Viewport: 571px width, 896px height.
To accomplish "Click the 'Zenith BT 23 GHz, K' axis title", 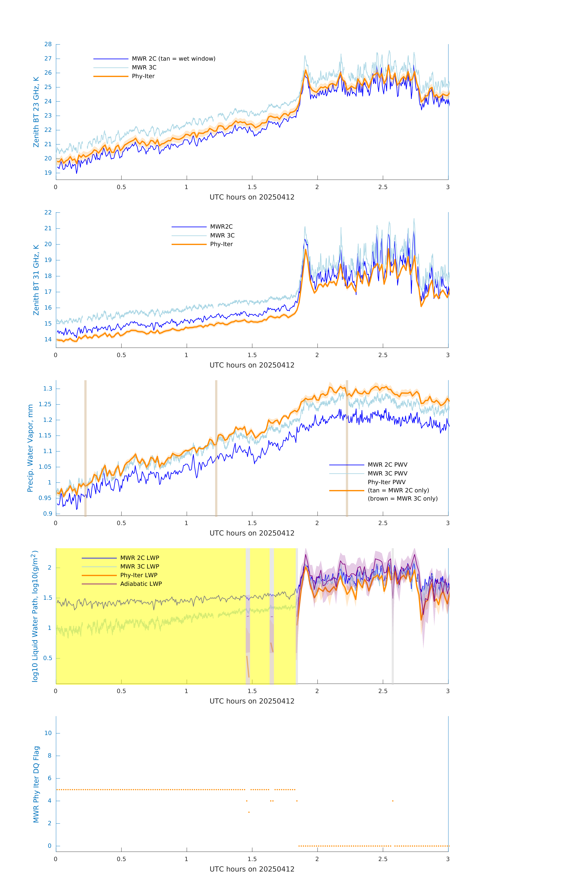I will [36, 112].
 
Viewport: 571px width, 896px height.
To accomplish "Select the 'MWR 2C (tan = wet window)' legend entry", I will [173, 59].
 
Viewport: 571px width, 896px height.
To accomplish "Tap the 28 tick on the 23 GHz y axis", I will [48, 44].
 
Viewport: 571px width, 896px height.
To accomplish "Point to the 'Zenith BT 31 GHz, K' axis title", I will [36, 280].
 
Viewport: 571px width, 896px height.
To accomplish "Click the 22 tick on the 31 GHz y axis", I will [48, 213].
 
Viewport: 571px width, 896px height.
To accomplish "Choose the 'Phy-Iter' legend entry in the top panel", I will [143, 76].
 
